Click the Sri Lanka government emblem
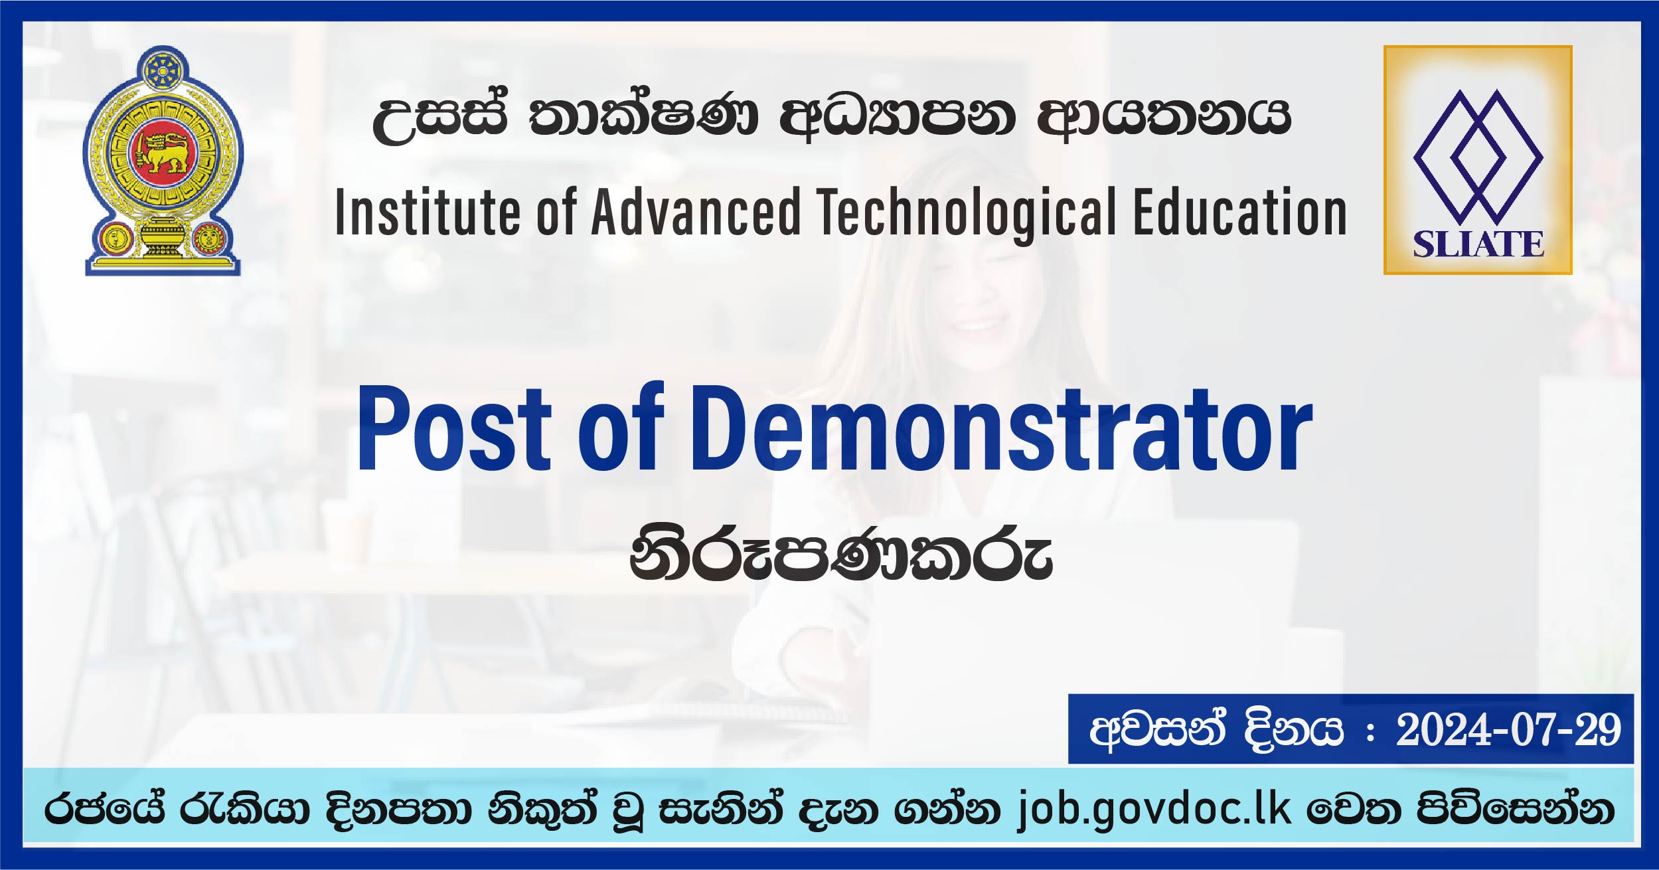tap(163, 161)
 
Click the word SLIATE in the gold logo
tap(1478, 244)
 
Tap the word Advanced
tap(696, 213)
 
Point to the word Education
tap(1240, 213)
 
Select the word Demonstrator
tap(1002, 428)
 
